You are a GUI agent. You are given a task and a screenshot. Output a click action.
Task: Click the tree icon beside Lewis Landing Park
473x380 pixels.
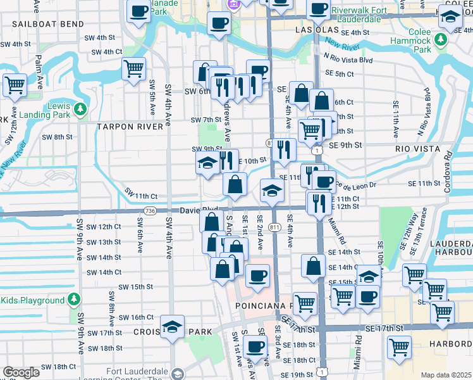[80, 110]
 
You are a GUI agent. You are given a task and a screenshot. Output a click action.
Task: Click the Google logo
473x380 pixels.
[21, 372]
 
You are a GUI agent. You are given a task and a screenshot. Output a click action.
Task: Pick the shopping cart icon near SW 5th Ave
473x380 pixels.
[133, 68]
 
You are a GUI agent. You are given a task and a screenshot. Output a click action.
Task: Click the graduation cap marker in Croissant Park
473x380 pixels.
[172, 327]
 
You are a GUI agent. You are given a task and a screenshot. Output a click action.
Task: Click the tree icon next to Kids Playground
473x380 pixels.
[75, 298]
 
